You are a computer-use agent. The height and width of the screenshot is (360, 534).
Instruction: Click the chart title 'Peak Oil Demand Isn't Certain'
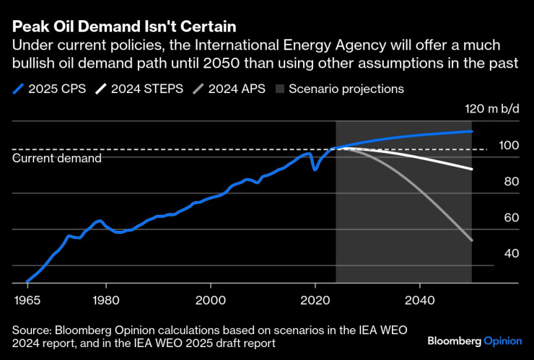pos(124,27)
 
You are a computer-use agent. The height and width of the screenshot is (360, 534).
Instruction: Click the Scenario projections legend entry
pos(339,89)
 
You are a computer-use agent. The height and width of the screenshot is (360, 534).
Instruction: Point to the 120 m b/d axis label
pos(491,109)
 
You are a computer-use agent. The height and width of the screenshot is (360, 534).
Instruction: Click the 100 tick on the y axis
pos(509,145)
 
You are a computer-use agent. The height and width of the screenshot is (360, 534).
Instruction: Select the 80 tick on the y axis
pos(512,181)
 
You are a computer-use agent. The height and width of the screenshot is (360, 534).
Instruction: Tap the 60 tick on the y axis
pos(512,217)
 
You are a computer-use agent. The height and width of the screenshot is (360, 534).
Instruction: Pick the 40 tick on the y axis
pos(512,253)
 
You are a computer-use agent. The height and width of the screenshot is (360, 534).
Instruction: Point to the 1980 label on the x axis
pos(105,299)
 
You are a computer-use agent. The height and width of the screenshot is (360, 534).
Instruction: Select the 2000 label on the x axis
pos(210,299)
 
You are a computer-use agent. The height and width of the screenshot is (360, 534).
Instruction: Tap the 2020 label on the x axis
pos(315,299)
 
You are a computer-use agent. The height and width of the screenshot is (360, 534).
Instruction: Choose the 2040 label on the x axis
pos(419,299)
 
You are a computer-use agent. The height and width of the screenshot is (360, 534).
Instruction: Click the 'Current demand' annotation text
pos(57,158)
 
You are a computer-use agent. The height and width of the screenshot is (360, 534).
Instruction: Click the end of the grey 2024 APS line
pos(471,240)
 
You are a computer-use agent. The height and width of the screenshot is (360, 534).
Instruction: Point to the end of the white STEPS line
pos(471,169)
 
